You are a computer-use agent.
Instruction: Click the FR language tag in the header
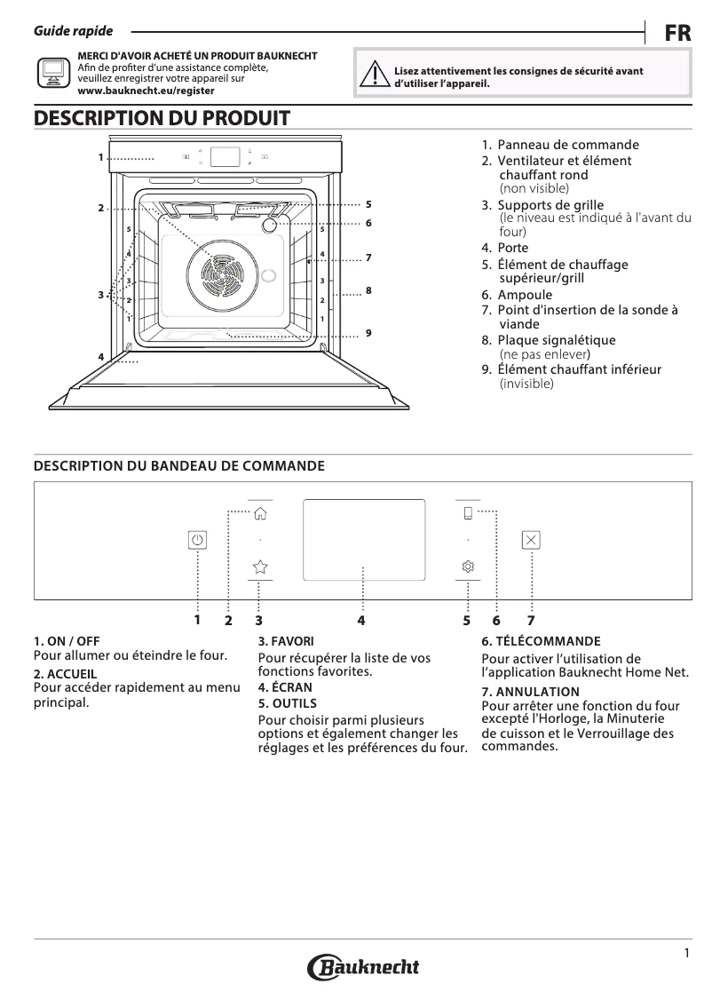click(x=677, y=33)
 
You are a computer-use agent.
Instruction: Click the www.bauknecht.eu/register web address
click(x=146, y=91)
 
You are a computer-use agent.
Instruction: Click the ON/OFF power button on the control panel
click(x=197, y=539)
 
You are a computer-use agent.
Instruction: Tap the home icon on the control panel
click(x=260, y=513)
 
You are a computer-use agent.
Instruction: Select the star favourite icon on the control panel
click(x=260, y=566)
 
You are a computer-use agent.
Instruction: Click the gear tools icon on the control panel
click(x=468, y=567)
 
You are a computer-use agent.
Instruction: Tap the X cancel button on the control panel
click(x=531, y=539)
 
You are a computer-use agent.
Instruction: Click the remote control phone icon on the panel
click(x=468, y=512)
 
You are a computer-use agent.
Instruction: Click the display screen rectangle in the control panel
click(x=363, y=539)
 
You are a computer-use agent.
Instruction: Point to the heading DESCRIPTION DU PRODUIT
click(x=162, y=117)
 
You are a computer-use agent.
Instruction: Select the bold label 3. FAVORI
click(x=285, y=640)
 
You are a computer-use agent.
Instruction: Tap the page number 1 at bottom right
click(x=686, y=954)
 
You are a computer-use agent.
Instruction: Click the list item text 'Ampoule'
click(x=524, y=295)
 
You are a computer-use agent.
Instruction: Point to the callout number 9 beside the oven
click(x=367, y=332)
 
